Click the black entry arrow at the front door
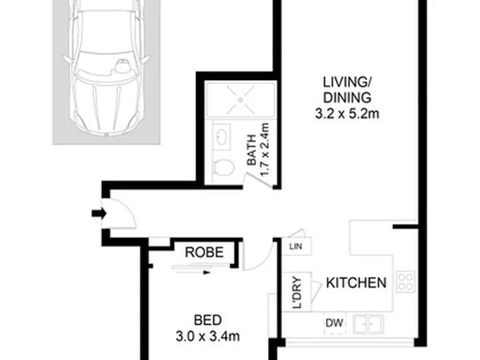click(99, 213)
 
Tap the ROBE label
click(204, 253)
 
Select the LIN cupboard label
click(296, 246)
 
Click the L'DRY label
click(297, 293)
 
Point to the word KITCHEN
click(356, 283)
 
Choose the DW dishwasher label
click(334, 323)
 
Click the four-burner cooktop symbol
click(405, 281)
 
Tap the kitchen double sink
click(368, 324)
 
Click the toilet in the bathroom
click(224, 167)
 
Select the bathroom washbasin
click(221, 137)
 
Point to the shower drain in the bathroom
click(241, 100)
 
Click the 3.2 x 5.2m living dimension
click(347, 114)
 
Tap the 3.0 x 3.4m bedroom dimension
click(207, 337)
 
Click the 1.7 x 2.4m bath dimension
click(265, 150)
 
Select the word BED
click(208, 320)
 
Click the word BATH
click(251, 150)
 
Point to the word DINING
click(347, 98)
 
